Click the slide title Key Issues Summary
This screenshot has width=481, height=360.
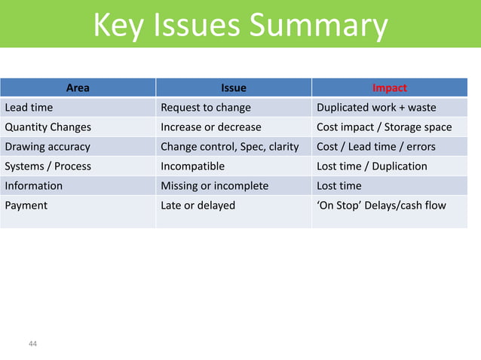pyautogui.click(x=240, y=27)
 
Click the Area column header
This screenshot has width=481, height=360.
pyautogui.click(x=78, y=88)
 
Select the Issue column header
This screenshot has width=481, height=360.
pyautogui.click(x=233, y=88)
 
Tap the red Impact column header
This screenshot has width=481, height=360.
pyautogui.click(x=390, y=88)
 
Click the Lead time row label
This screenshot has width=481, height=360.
pyautogui.click(x=29, y=108)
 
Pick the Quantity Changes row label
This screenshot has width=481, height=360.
pyautogui.click(x=47, y=127)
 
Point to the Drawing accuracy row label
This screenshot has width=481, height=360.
pyautogui.click(x=47, y=147)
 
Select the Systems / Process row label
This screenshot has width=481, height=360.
pyautogui.click(x=47, y=166)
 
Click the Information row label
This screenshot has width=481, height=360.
pyautogui.click(x=33, y=186)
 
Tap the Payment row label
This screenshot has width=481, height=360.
pyautogui.click(x=26, y=206)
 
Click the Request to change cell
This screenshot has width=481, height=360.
pyautogui.click(x=206, y=108)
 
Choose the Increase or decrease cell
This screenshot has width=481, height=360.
pyautogui.click(x=211, y=127)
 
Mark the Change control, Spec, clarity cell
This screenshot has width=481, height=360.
pyautogui.click(x=230, y=147)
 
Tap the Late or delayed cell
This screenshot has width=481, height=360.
pyautogui.click(x=198, y=206)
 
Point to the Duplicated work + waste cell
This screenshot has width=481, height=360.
pyautogui.click(x=376, y=108)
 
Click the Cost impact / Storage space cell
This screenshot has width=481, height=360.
pyautogui.click(x=384, y=127)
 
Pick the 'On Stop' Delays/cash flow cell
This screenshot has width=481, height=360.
pyautogui.click(x=381, y=206)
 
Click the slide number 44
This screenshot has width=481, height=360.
pyautogui.click(x=32, y=344)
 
